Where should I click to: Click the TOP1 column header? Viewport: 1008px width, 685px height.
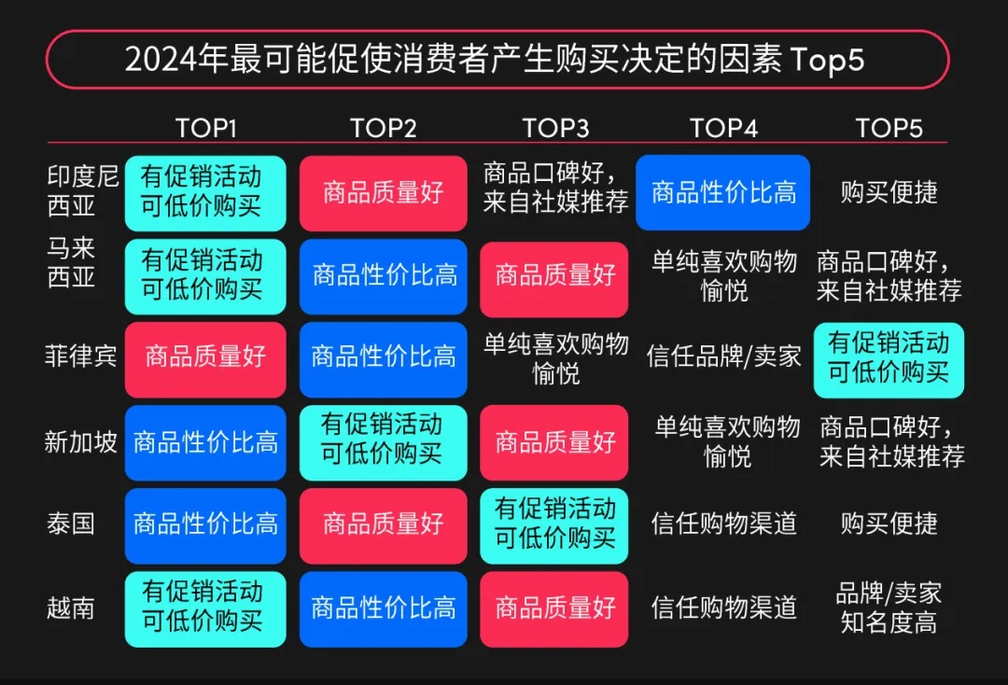[x=206, y=129]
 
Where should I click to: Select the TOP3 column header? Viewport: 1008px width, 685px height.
[x=555, y=129]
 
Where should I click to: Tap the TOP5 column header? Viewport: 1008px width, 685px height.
[x=889, y=129]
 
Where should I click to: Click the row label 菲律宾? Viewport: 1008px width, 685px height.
[x=81, y=356]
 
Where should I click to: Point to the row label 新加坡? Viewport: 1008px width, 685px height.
[x=81, y=441]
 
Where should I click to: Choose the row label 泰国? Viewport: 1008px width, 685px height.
[x=71, y=524]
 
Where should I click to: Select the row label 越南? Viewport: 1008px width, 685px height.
[x=71, y=608]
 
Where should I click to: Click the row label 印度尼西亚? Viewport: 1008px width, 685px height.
[x=83, y=191]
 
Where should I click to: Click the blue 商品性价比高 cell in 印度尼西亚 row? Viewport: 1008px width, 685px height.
[x=723, y=192]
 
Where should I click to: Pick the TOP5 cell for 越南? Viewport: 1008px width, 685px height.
[x=889, y=608]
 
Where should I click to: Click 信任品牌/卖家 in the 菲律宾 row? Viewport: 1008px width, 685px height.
[x=723, y=356]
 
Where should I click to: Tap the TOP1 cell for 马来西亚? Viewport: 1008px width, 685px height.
[x=205, y=275]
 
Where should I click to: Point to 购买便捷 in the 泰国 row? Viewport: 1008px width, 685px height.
[x=889, y=524]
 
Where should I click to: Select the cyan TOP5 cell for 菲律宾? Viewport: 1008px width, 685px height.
[x=889, y=359]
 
